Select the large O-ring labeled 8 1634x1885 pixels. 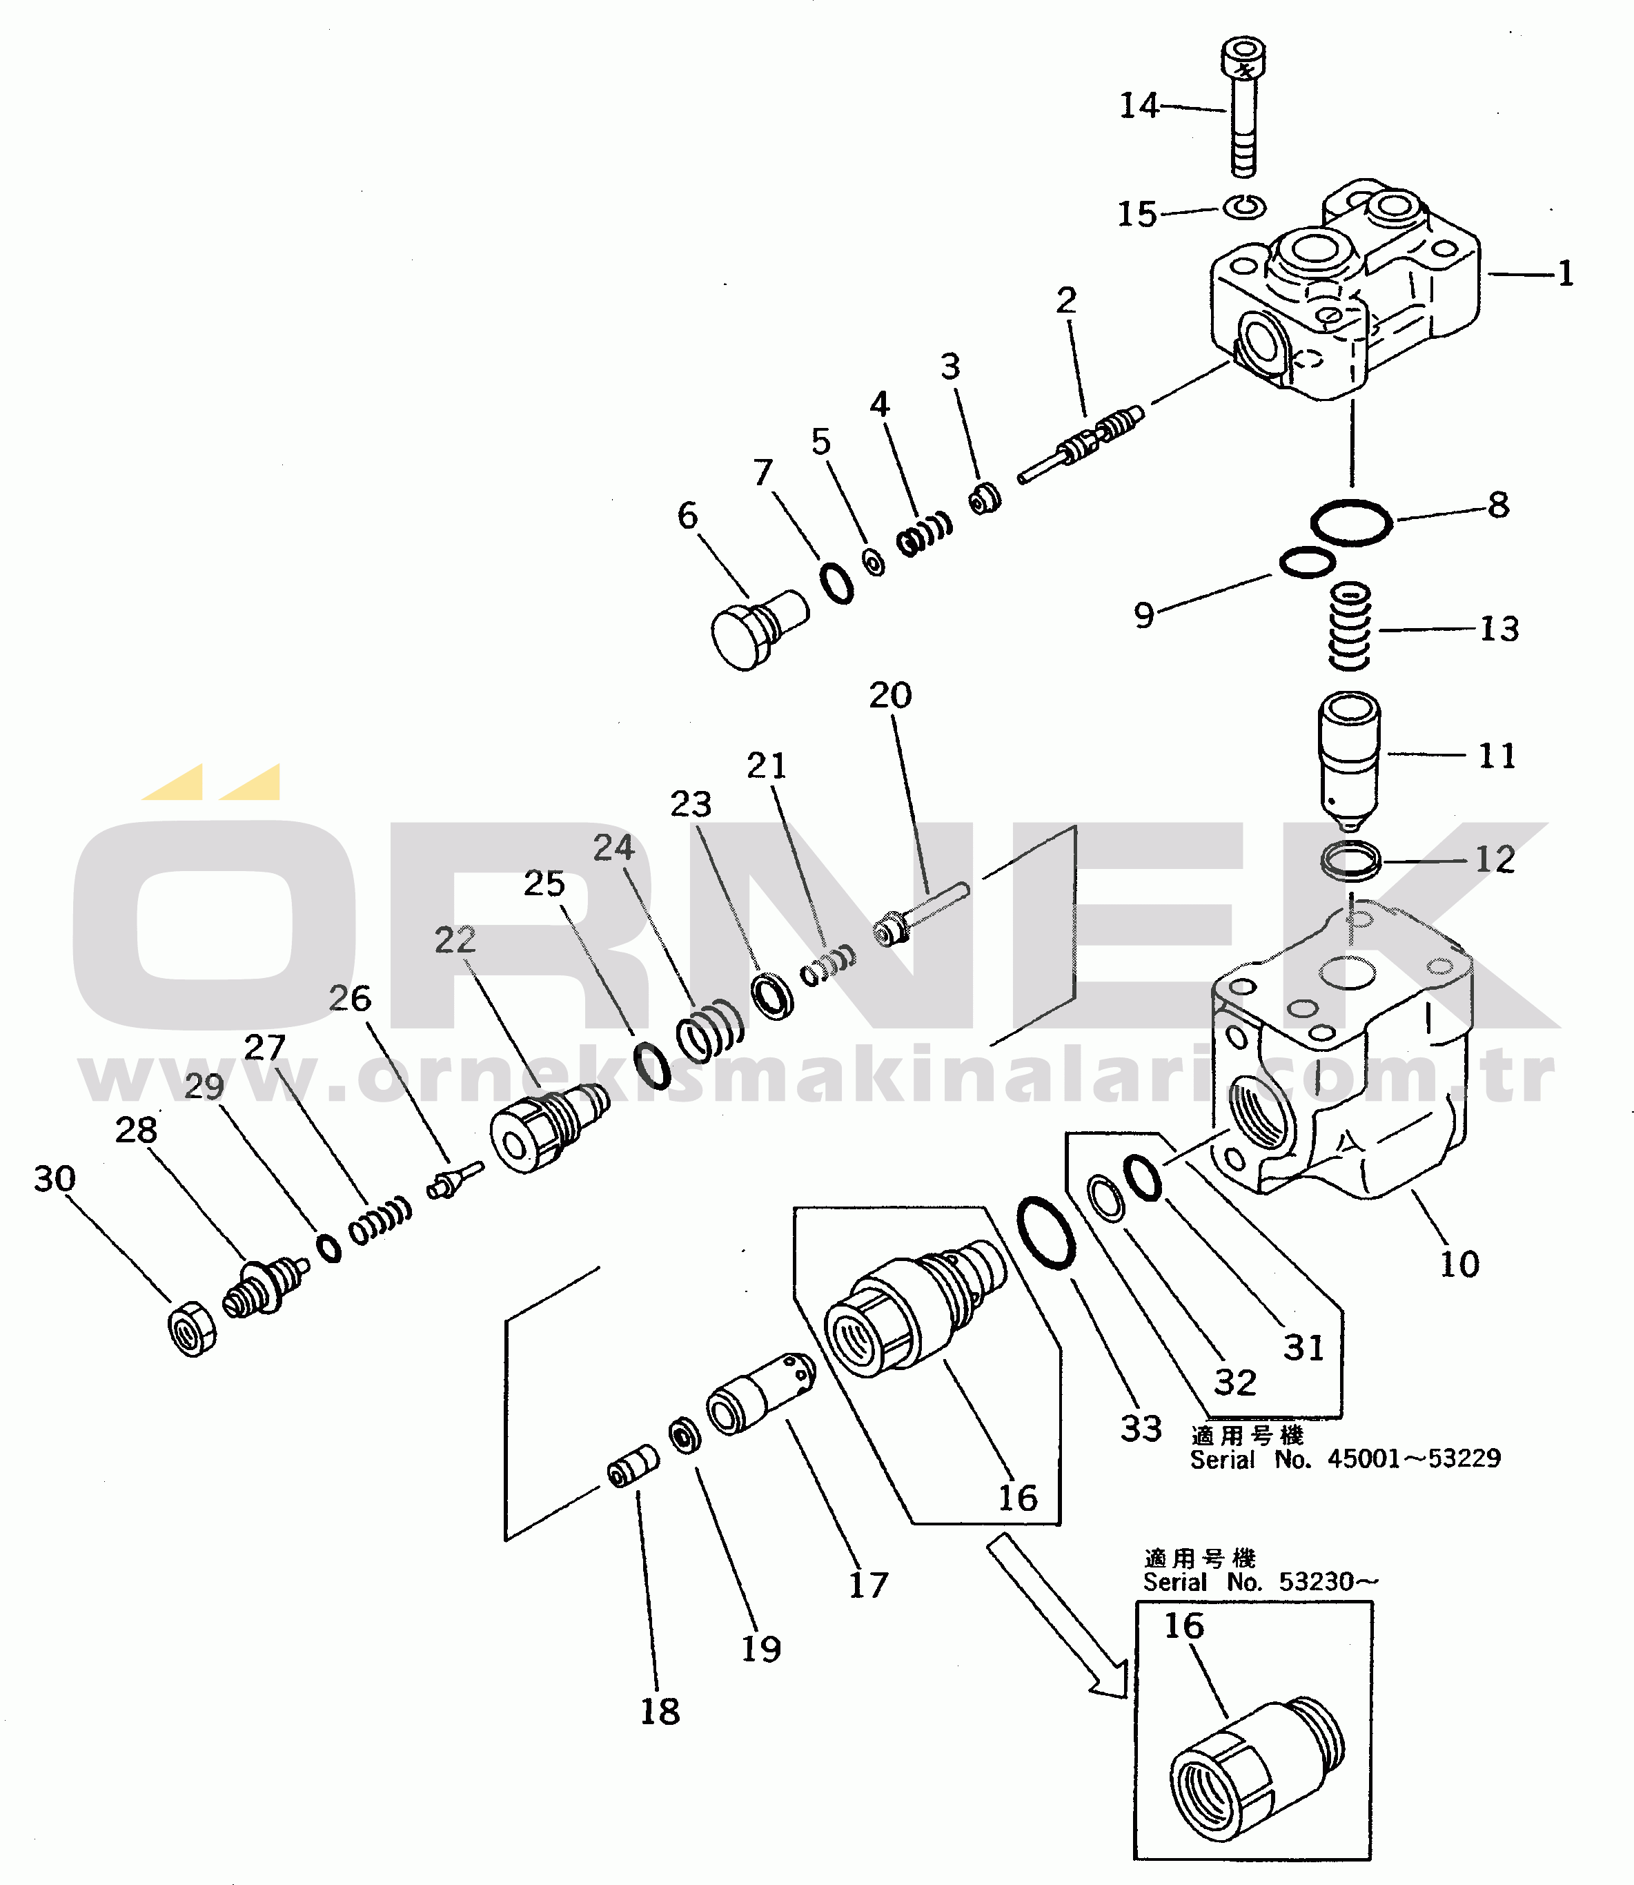pyautogui.click(x=1350, y=523)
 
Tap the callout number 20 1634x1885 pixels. pyautogui.click(x=890, y=696)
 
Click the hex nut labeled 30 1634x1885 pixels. pyautogui.click(x=193, y=1328)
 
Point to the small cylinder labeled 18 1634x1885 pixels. pyautogui.click(x=633, y=1465)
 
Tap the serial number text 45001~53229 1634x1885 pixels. pyautogui.click(x=1412, y=1458)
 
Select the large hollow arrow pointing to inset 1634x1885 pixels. pyautogui.click(x=1058, y=1615)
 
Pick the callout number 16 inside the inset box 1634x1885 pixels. pyautogui.click(x=1183, y=1625)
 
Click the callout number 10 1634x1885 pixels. pyautogui.click(x=1459, y=1264)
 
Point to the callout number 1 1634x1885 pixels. pyautogui.click(x=1566, y=273)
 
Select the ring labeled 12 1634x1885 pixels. pyautogui.click(x=1350, y=860)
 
